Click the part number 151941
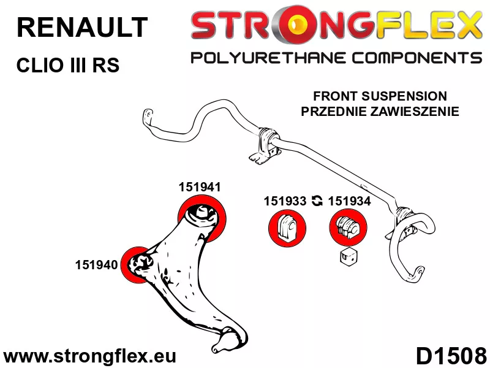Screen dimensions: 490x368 [200, 187]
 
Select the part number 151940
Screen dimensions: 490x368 [96, 265]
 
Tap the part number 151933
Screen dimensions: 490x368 [285, 201]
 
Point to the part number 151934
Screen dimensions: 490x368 [349, 201]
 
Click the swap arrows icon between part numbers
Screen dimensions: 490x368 [317, 201]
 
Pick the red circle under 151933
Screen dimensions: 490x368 [287, 228]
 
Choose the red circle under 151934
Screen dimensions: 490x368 [348, 228]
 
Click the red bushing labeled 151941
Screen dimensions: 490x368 [202, 218]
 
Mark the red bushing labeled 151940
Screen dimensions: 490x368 [137, 265]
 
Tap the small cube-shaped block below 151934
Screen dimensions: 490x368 [349, 257]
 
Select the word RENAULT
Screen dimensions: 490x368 [82, 27]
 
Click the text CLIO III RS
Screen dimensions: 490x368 [68, 66]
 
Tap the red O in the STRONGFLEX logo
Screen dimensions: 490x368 [295, 23]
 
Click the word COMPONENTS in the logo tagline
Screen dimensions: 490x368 [417, 58]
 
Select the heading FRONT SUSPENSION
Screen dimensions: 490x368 [380, 96]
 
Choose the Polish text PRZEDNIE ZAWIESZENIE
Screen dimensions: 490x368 [380, 111]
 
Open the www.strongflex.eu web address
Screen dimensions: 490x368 [89, 356]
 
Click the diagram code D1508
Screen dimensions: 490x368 [451, 356]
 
